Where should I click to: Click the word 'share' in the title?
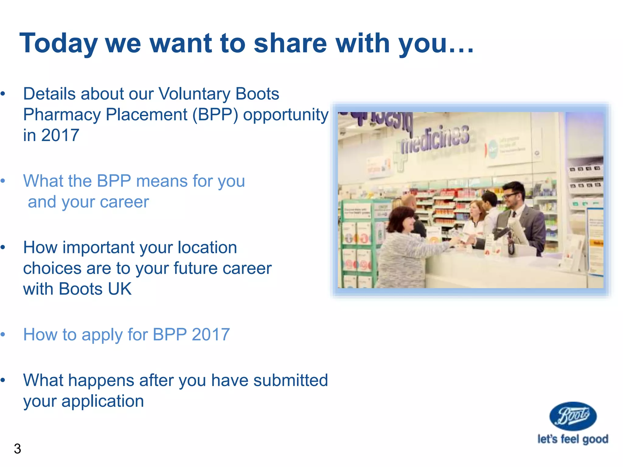(x=290, y=43)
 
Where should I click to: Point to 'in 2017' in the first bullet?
(x=51, y=135)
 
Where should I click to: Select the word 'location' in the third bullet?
(x=207, y=247)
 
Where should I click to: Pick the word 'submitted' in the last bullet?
(x=291, y=380)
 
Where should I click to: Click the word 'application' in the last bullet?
(x=103, y=401)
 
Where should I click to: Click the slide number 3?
(x=17, y=449)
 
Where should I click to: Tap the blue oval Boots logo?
(x=573, y=416)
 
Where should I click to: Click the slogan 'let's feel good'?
(x=573, y=439)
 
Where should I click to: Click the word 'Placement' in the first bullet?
(x=146, y=115)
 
